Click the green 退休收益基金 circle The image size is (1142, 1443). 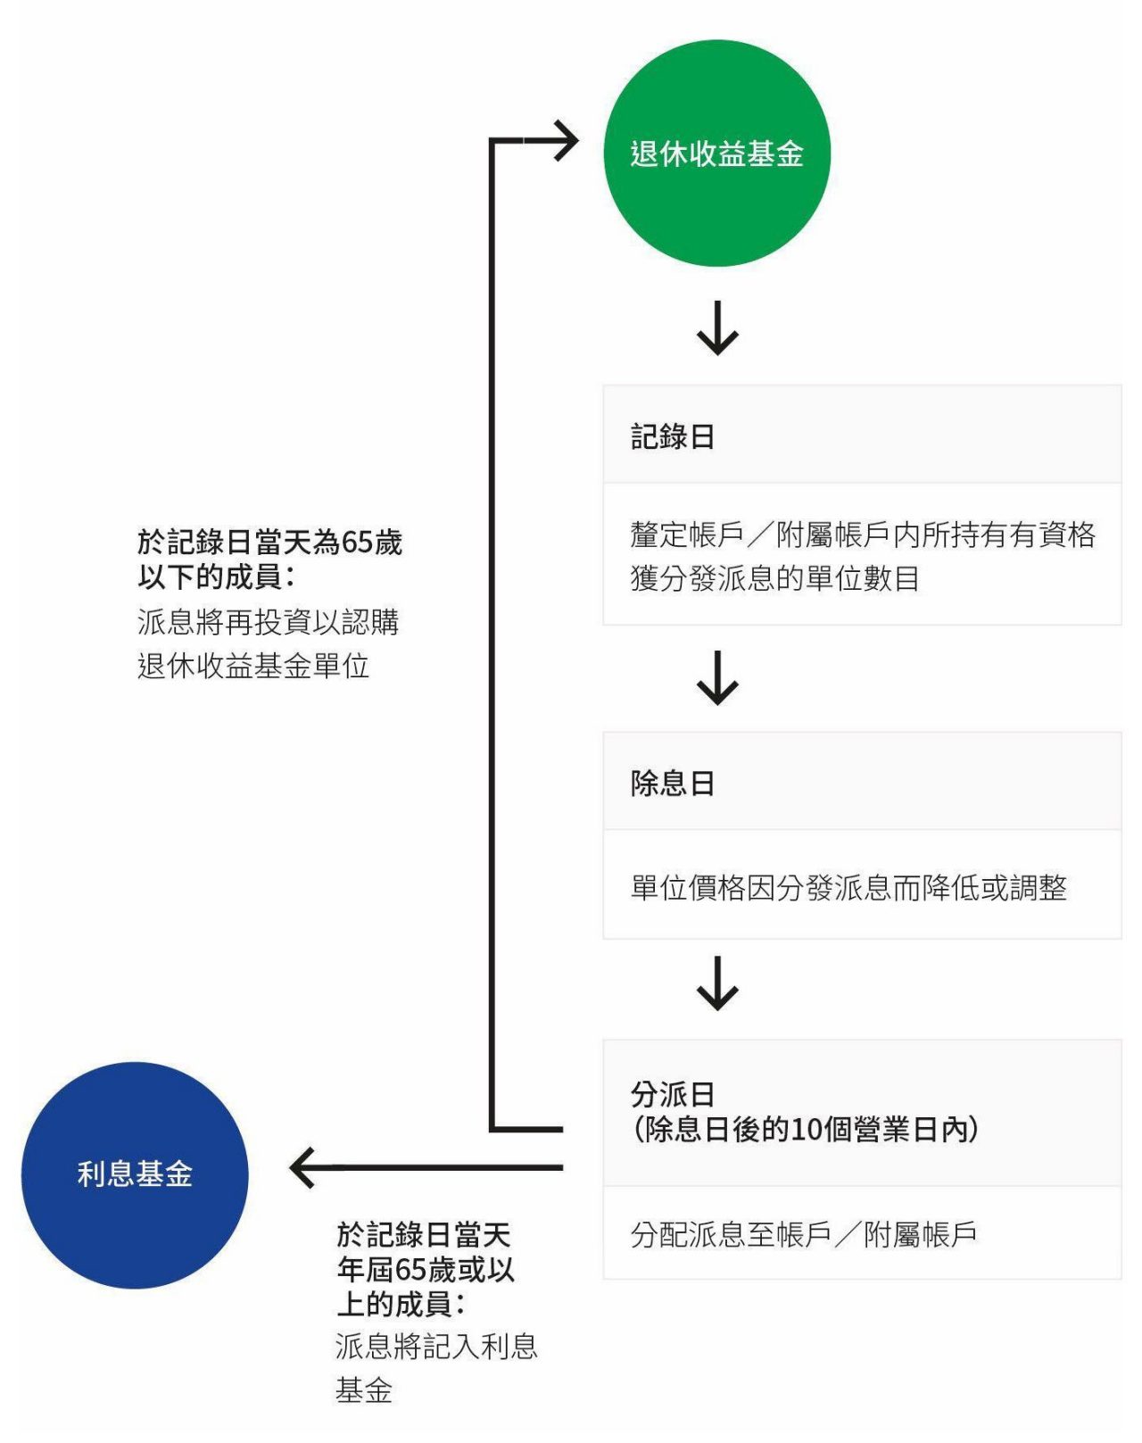(x=716, y=153)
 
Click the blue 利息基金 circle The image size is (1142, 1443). (x=135, y=1174)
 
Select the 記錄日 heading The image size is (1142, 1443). (x=673, y=436)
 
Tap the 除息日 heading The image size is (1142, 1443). (x=673, y=783)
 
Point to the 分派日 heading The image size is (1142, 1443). (x=673, y=1093)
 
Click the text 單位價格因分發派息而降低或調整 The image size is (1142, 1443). (x=848, y=887)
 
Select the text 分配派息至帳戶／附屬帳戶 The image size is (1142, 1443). (x=803, y=1234)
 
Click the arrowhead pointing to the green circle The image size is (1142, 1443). (x=564, y=141)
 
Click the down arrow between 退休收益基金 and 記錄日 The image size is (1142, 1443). (x=717, y=330)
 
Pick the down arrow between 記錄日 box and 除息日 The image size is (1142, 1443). (x=717, y=679)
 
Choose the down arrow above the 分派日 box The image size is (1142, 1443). (x=717, y=984)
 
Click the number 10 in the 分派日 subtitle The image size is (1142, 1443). (x=807, y=1130)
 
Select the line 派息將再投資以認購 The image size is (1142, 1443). (x=268, y=621)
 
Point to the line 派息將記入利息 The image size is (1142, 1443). (x=436, y=1346)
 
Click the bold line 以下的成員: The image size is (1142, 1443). (x=216, y=576)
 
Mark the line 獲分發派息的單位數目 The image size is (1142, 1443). (x=774, y=578)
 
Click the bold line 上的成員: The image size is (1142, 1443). (x=401, y=1304)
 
